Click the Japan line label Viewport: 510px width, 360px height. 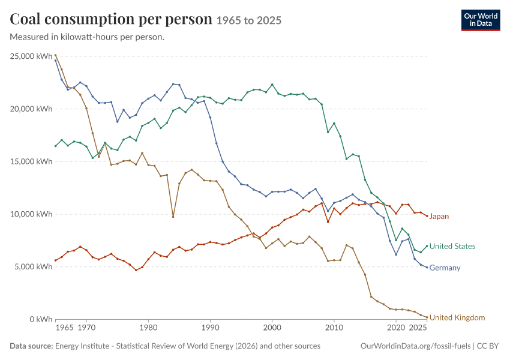[x=439, y=216]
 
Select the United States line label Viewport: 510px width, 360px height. [x=452, y=246]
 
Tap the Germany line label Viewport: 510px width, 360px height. [x=445, y=268]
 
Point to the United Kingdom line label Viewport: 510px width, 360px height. [x=457, y=317]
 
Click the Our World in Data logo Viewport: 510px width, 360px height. [x=481, y=20]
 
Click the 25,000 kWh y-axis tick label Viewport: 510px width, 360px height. [x=31, y=56]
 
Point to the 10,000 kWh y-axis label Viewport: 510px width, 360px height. [x=31, y=214]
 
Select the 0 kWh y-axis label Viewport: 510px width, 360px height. [x=41, y=319]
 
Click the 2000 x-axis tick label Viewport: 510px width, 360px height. [x=272, y=328]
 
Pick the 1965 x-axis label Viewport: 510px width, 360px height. [x=64, y=328]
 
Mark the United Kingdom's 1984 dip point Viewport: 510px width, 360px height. [x=173, y=217]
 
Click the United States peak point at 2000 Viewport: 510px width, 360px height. [x=272, y=85]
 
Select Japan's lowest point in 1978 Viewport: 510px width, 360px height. [x=136, y=270]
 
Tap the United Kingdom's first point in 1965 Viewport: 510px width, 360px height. [x=55, y=55]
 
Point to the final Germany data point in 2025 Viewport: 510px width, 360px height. [x=427, y=268]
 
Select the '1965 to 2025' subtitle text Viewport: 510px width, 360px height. [x=249, y=20]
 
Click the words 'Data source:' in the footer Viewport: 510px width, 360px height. [x=31, y=346]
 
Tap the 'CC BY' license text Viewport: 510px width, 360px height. [x=488, y=346]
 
